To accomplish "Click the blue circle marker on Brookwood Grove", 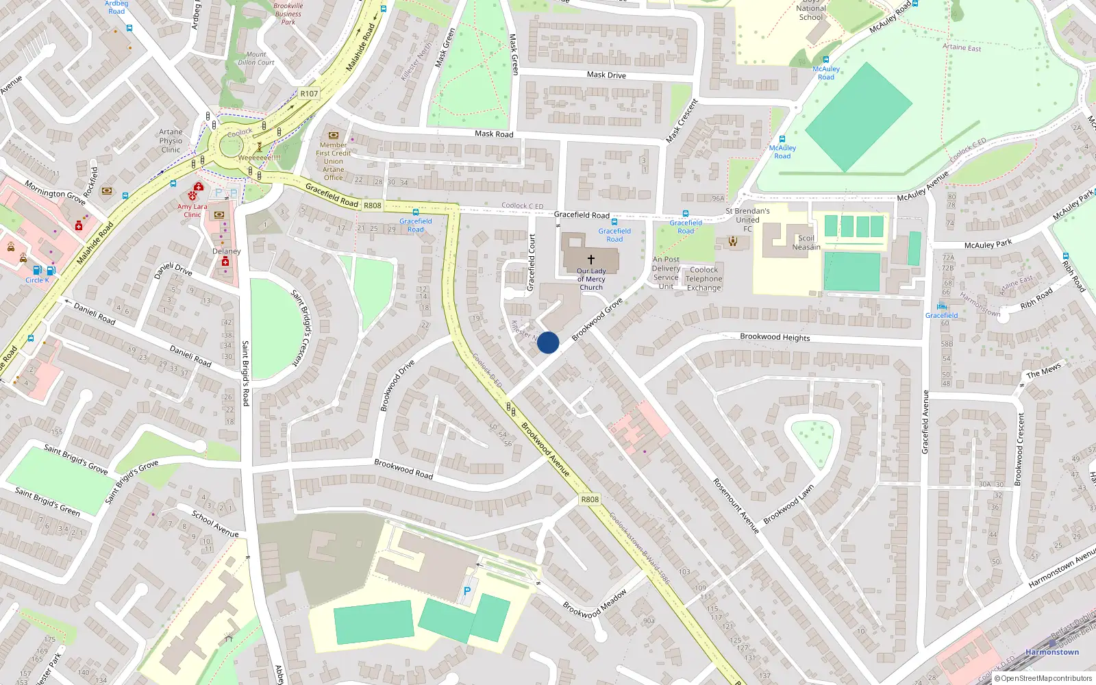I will (x=548, y=342).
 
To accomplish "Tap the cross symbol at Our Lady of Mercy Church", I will (x=591, y=260).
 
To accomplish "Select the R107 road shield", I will (x=309, y=94).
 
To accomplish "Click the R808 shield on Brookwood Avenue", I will (x=590, y=499).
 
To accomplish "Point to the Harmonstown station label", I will (x=1051, y=652).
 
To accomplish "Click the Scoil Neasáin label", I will (x=806, y=242).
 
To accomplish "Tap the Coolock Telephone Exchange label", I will (x=703, y=279).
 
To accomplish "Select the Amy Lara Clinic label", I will (x=192, y=210).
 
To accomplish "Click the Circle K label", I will (x=37, y=280).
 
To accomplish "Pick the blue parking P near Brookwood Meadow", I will (x=467, y=590).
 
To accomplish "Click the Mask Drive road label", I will (x=606, y=75).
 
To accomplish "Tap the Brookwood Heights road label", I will (x=775, y=337).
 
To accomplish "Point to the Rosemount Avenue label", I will (x=736, y=506).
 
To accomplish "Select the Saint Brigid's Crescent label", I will (x=301, y=327).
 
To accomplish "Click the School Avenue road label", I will (x=215, y=524).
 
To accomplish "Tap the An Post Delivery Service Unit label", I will (x=666, y=273).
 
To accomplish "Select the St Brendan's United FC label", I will (x=747, y=219).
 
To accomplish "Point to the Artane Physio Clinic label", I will (x=171, y=140).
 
